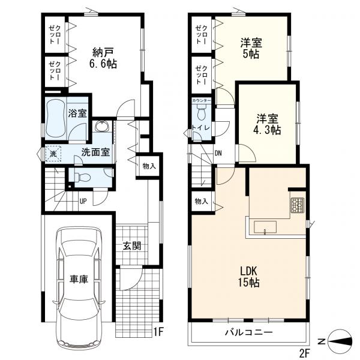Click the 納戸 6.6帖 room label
(x=104, y=58)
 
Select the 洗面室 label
(x=95, y=152)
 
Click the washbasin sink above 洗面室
(x=102, y=126)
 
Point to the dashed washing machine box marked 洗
(x=53, y=154)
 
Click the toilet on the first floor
(x=82, y=177)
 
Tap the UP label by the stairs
(x=83, y=202)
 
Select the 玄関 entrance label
(x=132, y=246)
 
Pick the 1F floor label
(x=158, y=332)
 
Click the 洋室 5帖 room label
(x=251, y=48)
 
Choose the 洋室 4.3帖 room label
(x=267, y=124)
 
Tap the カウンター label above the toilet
(x=202, y=101)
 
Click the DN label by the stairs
(x=218, y=153)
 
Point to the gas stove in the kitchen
(x=298, y=205)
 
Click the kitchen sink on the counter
(x=265, y=227)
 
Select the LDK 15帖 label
(x=248, y=277)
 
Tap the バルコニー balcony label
(x=248, y=332)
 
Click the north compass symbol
(x=340, y=341)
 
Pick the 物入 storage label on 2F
(x=202, y=202)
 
